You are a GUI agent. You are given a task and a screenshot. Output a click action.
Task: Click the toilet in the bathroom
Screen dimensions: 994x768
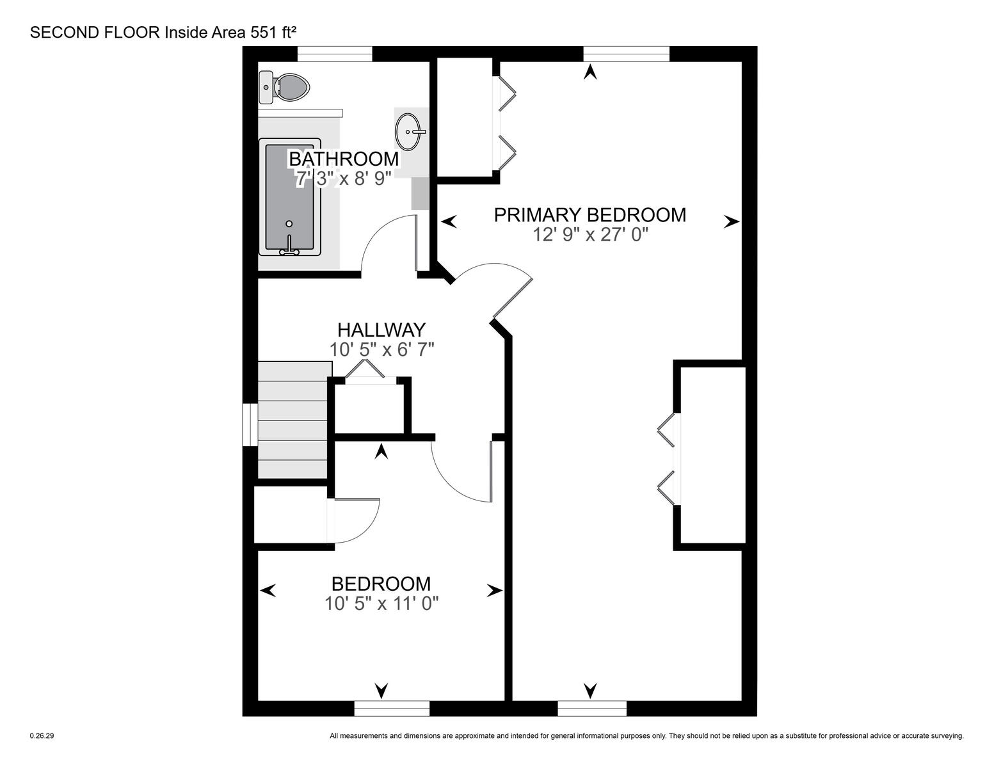(x=285, y=88)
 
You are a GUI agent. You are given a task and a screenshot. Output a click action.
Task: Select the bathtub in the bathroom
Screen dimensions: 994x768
(x=289, y=196)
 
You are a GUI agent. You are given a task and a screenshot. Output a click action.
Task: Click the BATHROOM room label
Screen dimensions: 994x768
(x=344, y=159)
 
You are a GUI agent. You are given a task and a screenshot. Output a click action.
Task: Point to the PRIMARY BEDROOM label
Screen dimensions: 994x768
(x=590, y=215)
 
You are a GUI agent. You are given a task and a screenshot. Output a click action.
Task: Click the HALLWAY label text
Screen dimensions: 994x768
(x=381, y=330)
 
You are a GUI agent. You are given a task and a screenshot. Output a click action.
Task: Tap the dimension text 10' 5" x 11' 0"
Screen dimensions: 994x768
(x=381, y=604)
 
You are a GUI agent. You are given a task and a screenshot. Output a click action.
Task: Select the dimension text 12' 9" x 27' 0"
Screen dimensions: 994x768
(x=591, y=235)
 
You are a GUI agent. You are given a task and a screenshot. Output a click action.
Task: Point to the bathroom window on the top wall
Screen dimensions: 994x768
(x=335, y=54)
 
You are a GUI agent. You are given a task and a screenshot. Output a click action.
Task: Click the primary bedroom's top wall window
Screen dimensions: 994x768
(x=626, y=54)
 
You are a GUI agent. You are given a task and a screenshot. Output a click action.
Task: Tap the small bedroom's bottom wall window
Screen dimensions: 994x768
(x=392, y=708)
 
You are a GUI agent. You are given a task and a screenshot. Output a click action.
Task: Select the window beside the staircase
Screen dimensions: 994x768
(x=250, y=424)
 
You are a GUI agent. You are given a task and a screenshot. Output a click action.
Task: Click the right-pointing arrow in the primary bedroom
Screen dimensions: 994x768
(x=732, y=222)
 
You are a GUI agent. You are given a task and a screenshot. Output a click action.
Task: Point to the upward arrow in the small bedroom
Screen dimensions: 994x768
(x=381, y=452)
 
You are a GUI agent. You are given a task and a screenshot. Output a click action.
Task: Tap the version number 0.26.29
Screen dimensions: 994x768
(x=42, y=736)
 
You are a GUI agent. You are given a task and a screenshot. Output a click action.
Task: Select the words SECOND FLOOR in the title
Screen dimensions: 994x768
(x=95, y=33)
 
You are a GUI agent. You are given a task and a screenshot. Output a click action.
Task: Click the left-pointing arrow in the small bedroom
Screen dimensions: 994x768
(x=268, y=591)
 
